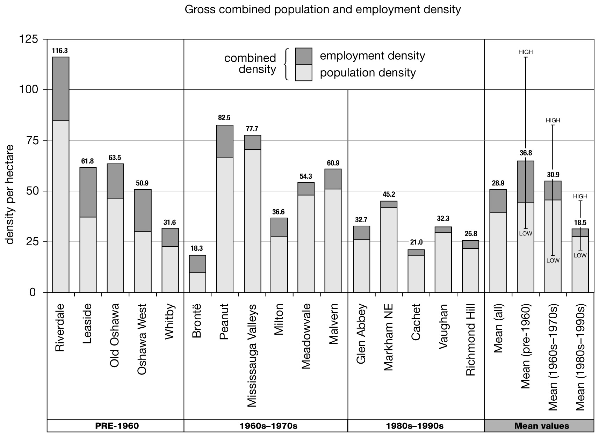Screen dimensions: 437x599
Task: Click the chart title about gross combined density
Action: (323, 9)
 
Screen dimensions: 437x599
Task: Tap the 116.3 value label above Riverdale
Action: (60, 51)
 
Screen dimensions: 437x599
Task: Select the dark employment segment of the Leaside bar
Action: (88, 192)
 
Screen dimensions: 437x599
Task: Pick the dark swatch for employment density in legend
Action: (303, 56)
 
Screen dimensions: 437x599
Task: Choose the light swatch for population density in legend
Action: (303, 73)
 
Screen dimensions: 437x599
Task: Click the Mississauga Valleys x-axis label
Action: (252, 356)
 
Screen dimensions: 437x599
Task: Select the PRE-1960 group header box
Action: (115, 426)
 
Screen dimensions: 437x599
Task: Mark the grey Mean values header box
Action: (539, 426)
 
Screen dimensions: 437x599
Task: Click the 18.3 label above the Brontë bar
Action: (197, 249)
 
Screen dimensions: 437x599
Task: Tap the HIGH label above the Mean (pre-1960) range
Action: (525, 52)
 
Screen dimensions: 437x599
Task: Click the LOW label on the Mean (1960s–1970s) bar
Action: (553, 260)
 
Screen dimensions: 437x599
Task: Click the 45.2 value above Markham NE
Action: (389, 195)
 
